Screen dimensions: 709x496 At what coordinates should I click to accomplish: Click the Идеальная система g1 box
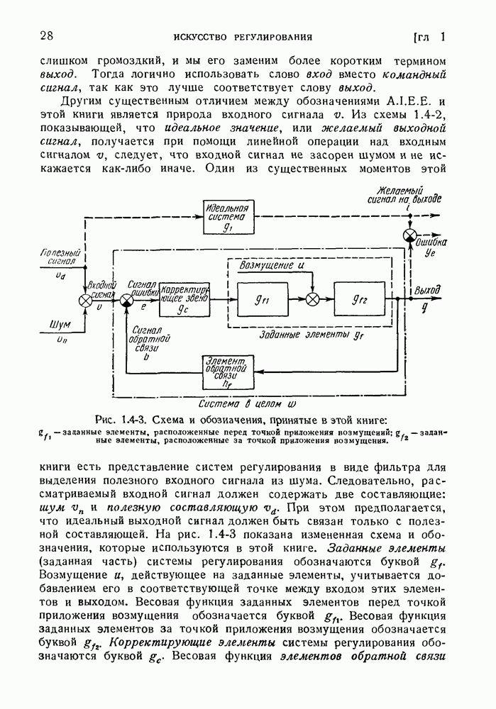[x=226, y=218]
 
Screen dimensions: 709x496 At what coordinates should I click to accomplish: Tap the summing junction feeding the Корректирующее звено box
[x=126, y=301]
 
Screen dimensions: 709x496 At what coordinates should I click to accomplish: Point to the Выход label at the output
[x=427, y=290]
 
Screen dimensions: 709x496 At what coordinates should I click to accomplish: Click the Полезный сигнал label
[x=62, y=256]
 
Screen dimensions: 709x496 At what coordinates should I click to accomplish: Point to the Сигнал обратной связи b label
[x=147, y=343]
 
